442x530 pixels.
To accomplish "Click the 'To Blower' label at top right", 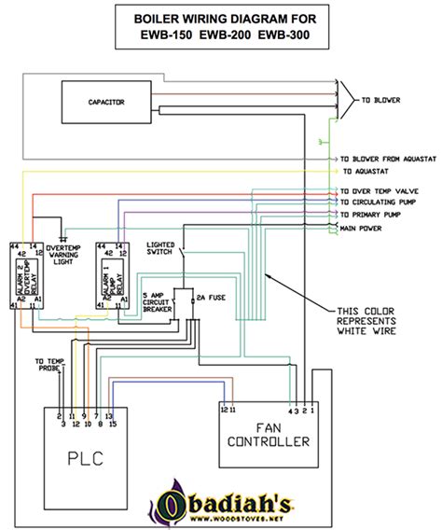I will click(x=380, y=98).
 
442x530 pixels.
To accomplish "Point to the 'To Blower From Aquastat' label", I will click(x=388, y=160).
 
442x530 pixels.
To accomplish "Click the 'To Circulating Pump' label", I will click(x=381, y=202).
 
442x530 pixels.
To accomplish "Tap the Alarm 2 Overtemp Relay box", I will click(x=28, y=275).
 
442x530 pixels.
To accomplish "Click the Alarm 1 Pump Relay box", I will click(x=112, y=275).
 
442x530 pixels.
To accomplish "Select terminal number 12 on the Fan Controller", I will click(x=223, y=410).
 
